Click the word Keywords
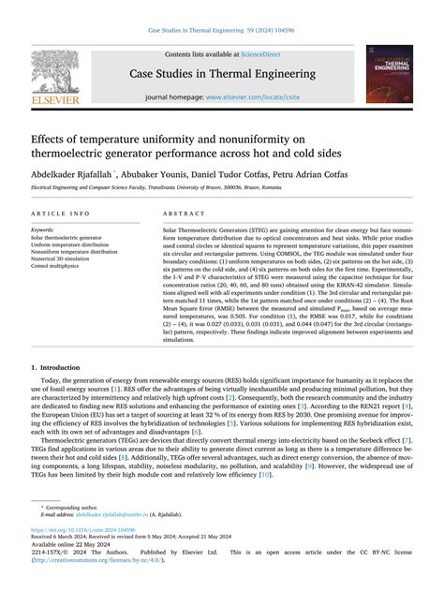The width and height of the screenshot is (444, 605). (x=43, y=229)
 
